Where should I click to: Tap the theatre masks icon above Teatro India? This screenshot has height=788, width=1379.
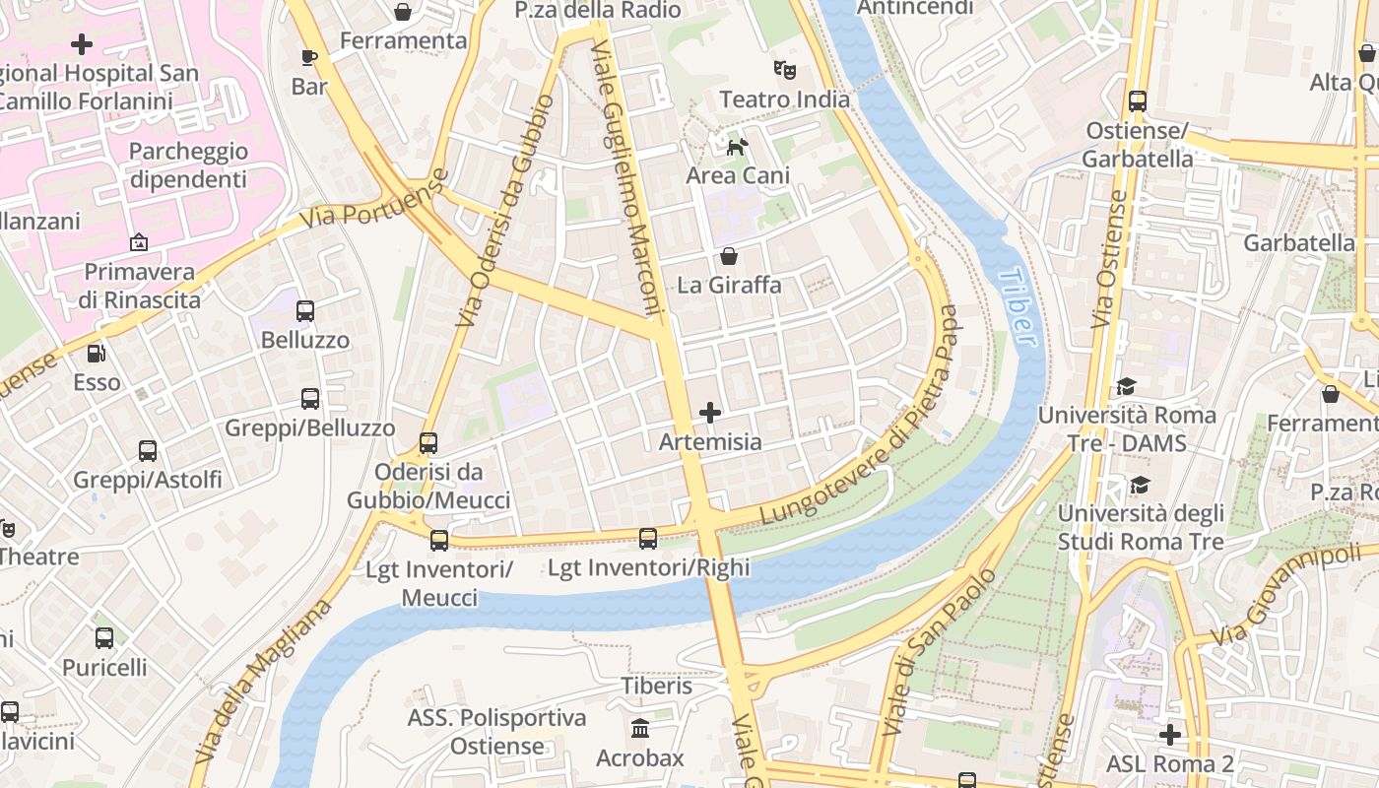(784, 70)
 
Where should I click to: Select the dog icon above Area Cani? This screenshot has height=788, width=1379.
(737, 148)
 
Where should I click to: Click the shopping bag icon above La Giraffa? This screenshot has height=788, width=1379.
(729, 257)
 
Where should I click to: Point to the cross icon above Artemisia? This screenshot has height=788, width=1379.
(709, 413)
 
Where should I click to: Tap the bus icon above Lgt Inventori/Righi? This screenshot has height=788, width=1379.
(647, 539)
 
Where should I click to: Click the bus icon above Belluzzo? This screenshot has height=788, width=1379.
(305, 311)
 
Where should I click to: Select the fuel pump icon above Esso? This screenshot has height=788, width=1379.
(97, 353)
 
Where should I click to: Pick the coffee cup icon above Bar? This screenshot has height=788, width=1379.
(309, 57)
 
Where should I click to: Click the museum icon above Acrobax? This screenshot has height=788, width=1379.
(640, 729)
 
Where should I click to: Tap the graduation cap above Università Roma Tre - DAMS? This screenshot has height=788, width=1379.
(1126, 387)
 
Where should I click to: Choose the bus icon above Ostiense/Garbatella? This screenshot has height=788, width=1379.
(1138, 100)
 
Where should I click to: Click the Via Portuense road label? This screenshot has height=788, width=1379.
(375, 200)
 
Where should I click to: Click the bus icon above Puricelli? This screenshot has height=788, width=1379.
(104, 637)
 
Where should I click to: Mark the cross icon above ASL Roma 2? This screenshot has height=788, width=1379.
(1169, 735)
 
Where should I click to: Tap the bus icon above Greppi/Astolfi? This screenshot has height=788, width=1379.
(148, 451)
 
